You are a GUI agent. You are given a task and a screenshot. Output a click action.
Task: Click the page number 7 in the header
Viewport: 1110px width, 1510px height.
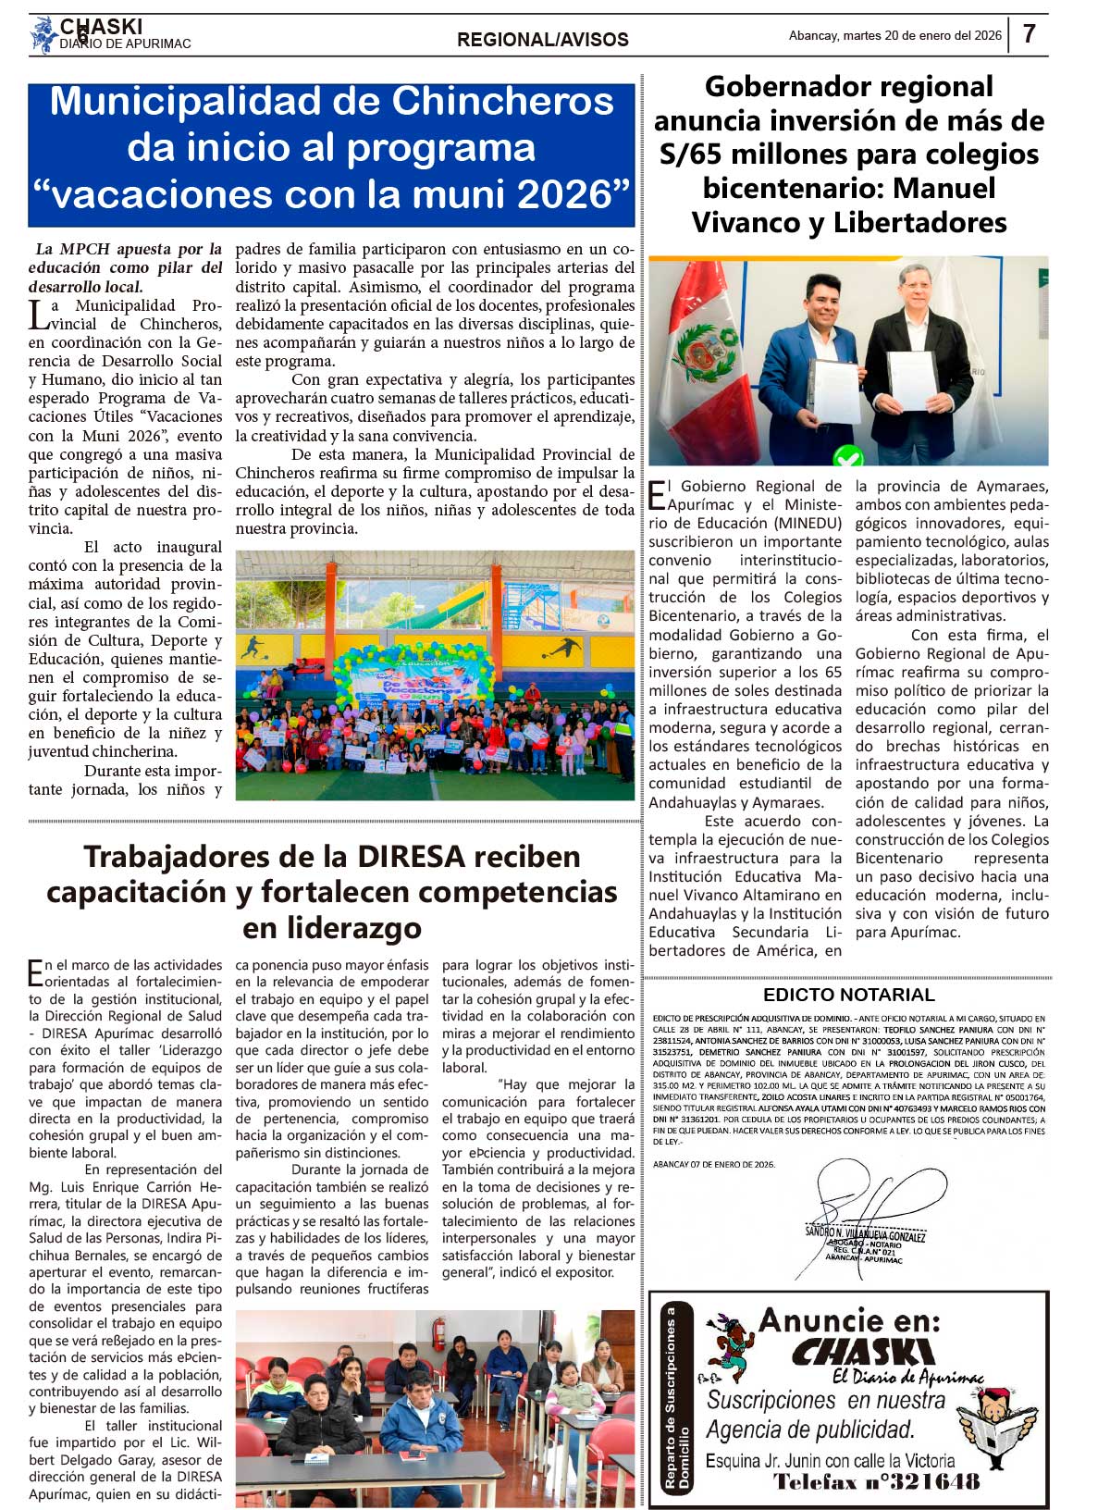click(1030, 34)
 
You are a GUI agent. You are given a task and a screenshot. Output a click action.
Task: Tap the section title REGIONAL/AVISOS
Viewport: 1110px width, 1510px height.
click(542, 40)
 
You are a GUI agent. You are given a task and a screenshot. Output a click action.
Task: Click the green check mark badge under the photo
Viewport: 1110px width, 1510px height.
click(848, 456)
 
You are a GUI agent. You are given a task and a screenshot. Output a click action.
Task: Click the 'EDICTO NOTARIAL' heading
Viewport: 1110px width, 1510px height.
click(848, 996)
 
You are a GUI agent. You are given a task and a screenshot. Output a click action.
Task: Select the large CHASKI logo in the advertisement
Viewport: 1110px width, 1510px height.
click(862, 1354)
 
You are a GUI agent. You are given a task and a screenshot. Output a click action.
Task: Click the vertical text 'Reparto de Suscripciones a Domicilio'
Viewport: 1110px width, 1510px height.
click(677, 1397)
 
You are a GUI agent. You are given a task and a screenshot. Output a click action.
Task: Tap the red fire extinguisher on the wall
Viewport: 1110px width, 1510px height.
click(438, 1333)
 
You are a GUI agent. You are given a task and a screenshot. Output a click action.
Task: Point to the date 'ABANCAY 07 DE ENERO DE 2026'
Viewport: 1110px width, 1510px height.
click(714, 1165)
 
